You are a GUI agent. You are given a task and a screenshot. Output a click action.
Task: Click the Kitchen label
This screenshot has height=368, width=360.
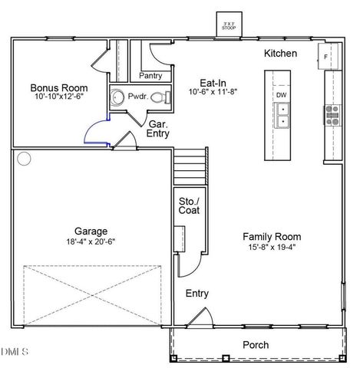(280, 54)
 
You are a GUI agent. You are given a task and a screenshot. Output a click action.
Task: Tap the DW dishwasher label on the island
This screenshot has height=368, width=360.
(281, 95)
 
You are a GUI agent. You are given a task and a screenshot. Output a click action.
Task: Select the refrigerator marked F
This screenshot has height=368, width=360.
(326, 57)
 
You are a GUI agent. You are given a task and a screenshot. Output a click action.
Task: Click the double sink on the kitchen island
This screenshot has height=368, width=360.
(282, 115)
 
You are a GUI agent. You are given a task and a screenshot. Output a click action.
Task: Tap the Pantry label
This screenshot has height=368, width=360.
(150, 76)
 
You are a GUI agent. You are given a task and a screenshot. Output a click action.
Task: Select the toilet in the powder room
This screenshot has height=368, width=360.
(160, 97)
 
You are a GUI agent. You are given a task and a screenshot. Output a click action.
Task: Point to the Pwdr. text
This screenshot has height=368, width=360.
(137, 97)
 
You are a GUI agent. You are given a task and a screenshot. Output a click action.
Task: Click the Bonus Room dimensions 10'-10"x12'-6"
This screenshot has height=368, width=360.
(58, 98)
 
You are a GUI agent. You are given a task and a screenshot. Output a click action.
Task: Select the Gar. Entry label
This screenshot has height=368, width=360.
(158, 128)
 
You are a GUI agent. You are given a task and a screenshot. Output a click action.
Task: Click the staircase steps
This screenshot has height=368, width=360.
(190, 166)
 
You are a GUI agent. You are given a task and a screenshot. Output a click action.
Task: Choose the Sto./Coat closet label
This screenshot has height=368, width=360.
(189, 205)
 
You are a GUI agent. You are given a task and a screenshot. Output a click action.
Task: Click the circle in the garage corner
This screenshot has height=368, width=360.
(24, 159)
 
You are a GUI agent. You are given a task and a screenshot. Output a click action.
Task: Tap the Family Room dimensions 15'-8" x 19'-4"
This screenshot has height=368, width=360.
(272, 247)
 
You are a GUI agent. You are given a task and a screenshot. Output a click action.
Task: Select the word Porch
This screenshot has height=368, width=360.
(256, 345)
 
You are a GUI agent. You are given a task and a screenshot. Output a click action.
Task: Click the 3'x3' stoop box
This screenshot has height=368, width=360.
(228, 25)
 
